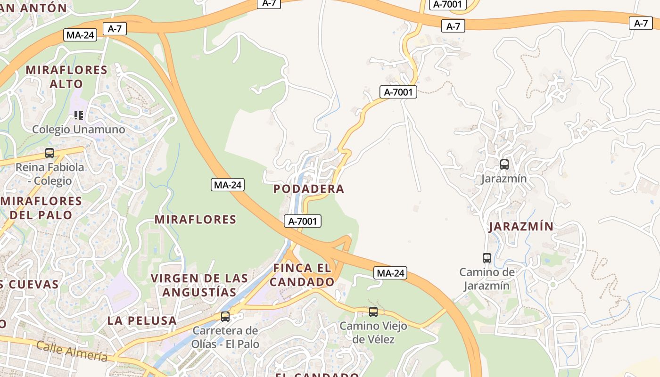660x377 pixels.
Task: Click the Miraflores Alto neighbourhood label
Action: tap(66, 77)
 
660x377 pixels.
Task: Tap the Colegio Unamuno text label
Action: tap(79, 130)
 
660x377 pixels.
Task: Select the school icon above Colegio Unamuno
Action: tap(79, 115)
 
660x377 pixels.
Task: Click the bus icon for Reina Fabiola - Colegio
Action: tap(49, 153)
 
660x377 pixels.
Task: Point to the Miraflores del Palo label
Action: tap(41, 208)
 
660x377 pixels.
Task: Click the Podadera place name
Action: tap(309, 189)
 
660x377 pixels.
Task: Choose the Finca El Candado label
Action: tap(302, 275)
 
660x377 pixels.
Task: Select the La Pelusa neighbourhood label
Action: tap(142, 320)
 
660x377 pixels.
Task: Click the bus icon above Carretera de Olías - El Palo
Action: tap(225, 316)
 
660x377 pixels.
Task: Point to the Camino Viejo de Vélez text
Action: tap(373, 332)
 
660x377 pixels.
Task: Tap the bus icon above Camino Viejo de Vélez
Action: tap(373, 311)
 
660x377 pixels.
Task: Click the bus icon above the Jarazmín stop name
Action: tap(504, 164)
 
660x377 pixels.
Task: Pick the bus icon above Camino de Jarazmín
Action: tap(487, 258)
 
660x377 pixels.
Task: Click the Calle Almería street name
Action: tap(72, 352)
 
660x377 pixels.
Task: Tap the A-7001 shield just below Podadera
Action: tap(303, 221)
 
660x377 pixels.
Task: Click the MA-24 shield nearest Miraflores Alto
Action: tap(81, 35)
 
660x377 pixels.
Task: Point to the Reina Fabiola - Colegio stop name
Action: tap(49, 174)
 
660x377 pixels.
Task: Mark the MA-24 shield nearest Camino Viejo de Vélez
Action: tap(390, 273)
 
